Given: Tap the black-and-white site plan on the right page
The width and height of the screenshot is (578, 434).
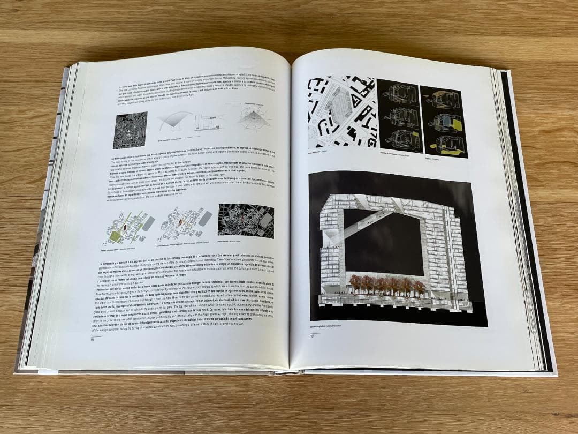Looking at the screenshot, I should [x=341, y=112].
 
